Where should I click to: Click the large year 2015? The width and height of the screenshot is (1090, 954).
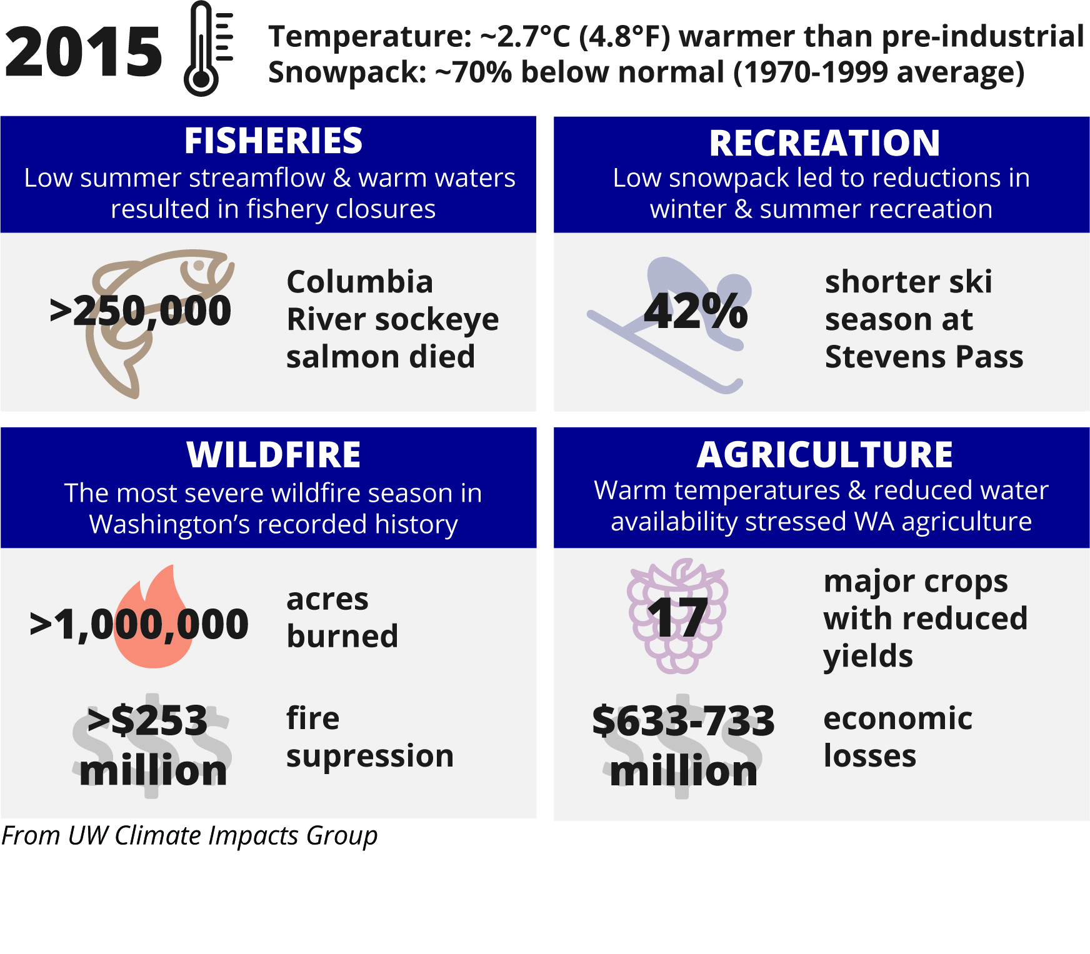point(83,52)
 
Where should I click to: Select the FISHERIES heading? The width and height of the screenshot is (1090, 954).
point(273,141)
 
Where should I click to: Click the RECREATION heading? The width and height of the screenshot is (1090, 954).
point(824,143)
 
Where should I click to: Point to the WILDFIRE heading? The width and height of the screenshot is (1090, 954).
point(273,454)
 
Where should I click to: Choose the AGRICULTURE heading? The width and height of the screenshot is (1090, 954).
point(824,454)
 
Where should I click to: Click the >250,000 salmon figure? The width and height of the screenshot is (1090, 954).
point(140,311)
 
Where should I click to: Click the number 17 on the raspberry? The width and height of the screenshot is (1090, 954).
point(677,618)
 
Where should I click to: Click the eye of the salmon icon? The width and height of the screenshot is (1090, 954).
point(199,265)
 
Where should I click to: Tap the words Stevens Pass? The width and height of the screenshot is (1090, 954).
point(924,357)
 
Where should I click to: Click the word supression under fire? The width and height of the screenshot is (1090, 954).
point(370,757)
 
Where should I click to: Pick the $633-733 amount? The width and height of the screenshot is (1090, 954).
point(683,720)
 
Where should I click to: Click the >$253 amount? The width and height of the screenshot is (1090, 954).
point(147,720)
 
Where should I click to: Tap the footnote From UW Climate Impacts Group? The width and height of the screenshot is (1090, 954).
point(189,835)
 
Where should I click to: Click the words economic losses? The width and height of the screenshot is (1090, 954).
point(897,737)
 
